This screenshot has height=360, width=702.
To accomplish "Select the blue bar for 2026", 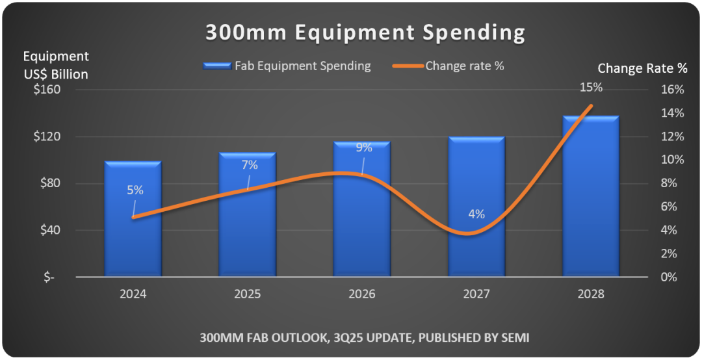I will [361, 221].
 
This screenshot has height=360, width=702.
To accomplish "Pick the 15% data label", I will [590, 87].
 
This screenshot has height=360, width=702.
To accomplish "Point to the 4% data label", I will [475, 214].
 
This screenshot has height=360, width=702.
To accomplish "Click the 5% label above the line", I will [135, 190].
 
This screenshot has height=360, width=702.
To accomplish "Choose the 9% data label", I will [364, 148].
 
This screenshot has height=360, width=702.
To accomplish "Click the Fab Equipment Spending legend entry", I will [287, 66].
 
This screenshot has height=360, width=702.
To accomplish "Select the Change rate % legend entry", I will [448, 66].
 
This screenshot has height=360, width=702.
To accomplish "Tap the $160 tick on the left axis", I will [47, 90].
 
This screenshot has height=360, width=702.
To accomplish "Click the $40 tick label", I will [47, 230].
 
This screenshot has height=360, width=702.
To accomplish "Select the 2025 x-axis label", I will [247, 294].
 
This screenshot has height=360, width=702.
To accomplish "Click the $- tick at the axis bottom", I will [49, 277].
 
